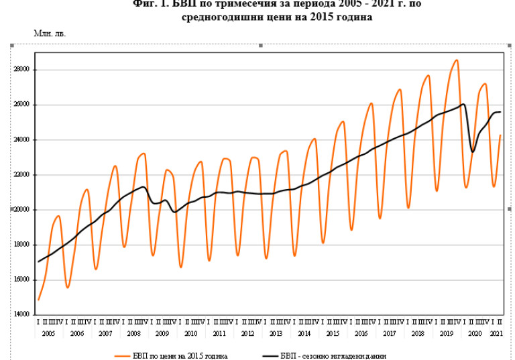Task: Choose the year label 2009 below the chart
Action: click(x=162, y=333)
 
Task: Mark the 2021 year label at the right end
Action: click(x=496, y=333)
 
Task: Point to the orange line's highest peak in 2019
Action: click(x=457, y=60)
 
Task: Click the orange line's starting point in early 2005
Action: click(x=39, y=300)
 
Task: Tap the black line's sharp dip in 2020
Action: click(x=473, y=152)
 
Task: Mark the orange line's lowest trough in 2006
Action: click(x=68, y=288)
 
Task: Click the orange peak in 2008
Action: click(x=144, y=154)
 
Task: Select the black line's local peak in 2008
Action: click(x=143, y=187)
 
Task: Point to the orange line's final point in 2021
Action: click(x=500, y=135)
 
